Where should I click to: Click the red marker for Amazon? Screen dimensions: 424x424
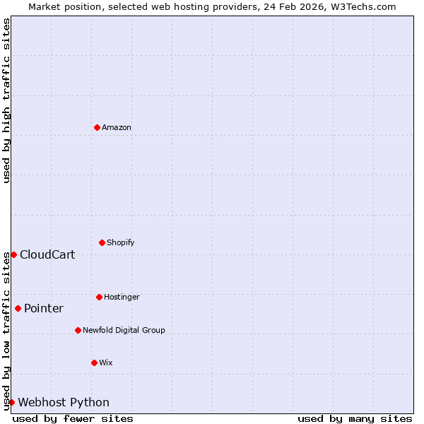(x=97, y=127)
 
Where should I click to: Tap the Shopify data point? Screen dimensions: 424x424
(x=102, y=242)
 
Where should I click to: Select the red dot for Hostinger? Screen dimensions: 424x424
(x=99, y=297)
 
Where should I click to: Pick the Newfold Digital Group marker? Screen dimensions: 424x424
(x=78, y=330)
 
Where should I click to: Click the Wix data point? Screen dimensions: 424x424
(x=94, y=363)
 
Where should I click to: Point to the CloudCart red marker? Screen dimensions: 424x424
(x=13, y=254)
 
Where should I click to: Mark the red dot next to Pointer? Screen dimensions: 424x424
(x=18, y=308)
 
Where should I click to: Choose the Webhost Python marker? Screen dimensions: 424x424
(x=11, y=402)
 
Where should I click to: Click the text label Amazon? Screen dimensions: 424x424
(x=117, y=128)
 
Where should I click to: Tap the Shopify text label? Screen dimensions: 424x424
(x=121, y=243)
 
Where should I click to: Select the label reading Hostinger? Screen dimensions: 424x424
(x=122, y=298)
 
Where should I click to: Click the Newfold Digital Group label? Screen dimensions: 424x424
(x=124, y=331)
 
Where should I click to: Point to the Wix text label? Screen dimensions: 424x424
(x=106, y=363)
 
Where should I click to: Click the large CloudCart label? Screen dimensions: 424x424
(x=47, y=255)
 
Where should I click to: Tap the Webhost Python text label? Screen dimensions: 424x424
(x=64, y=403)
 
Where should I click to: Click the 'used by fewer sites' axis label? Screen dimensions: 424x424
(x=73, y=418)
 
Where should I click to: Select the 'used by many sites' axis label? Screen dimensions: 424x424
(x=355, y=418)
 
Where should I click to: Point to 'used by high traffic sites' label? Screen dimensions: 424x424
(x=6, y=100)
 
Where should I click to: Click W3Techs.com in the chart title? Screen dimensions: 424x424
(x=362, y=6)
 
